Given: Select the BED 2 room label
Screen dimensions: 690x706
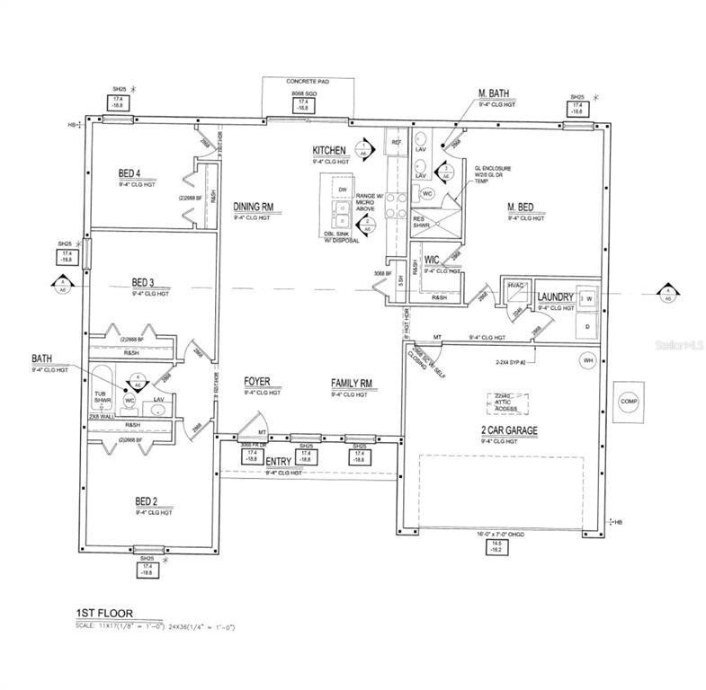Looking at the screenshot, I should click(146, 502).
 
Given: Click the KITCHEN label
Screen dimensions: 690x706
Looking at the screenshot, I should click(330, 150).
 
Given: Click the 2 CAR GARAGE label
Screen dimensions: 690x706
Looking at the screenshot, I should click(509, 431).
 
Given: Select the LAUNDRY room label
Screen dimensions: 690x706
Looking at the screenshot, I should click(555, 297).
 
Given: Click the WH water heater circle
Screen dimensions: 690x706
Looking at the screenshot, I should click(589, 360).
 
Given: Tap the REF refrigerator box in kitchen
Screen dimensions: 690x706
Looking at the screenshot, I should click(395, 142).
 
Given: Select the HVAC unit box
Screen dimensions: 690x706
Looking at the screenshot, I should click(517, 285).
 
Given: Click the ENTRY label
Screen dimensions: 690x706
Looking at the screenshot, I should click(280, 461).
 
